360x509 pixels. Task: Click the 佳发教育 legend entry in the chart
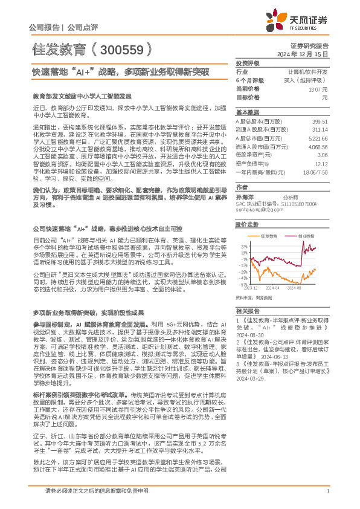pyautogui.click(x=269, y=236)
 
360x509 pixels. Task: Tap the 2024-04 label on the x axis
pyautogui.click(x=274, y=288)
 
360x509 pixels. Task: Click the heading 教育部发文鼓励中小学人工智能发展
pyautogui.click(x=82, y=96)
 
